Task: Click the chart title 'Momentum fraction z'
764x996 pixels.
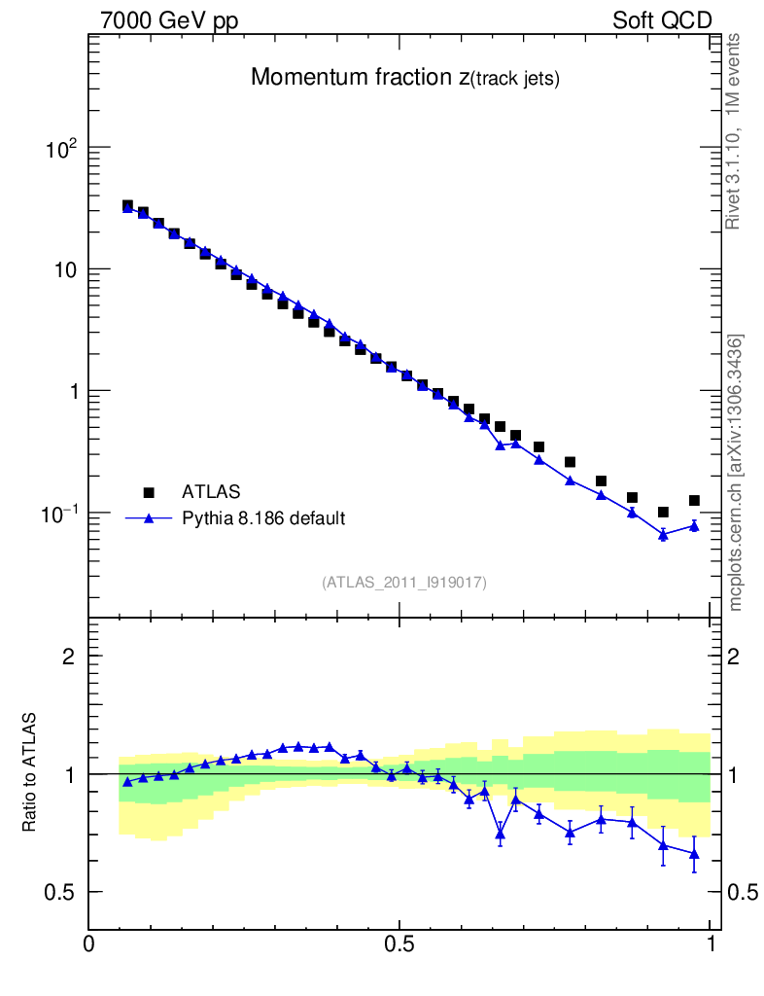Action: tap(405, 79)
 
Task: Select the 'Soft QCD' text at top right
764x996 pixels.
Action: tap(662, 21)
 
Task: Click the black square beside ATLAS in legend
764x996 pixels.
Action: tap(149, 492)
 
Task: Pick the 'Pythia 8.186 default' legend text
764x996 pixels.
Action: tap(263, 518)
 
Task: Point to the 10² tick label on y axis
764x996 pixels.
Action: tap(61, 148)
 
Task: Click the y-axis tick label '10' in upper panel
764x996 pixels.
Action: tap(65, 269)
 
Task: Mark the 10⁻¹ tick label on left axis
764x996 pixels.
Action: tap(59, 513)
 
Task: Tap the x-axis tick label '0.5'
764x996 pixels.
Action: tap(399, 944)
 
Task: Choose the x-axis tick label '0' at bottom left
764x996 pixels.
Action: tap(89, 944)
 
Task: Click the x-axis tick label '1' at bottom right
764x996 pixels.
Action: tap(711, 944)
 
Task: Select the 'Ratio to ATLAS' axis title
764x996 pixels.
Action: tap(30, 772)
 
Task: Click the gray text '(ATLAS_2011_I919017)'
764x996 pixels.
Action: tap(404, 583)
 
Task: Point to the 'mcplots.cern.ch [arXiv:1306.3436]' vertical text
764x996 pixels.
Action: tap(736, 473)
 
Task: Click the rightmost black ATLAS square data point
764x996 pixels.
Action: tap(694, 500)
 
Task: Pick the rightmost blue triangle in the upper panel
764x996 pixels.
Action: tap(694, 525)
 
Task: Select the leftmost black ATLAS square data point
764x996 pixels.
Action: tap(127, 205)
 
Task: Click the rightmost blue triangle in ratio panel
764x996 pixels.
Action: tap(694, 854)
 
